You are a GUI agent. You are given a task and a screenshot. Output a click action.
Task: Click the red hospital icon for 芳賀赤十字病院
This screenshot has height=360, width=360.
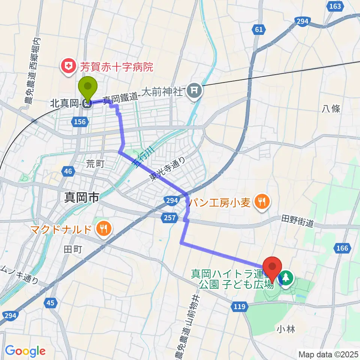click(69, 67)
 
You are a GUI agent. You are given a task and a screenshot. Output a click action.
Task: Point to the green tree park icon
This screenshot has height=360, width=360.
click(286, 278)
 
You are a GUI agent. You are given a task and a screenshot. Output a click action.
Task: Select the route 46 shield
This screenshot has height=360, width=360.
click(68, 171)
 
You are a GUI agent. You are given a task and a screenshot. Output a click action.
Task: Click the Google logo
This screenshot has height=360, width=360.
click(25, 351)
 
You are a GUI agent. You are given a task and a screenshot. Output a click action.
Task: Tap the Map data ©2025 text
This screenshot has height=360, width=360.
click(328, 354)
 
